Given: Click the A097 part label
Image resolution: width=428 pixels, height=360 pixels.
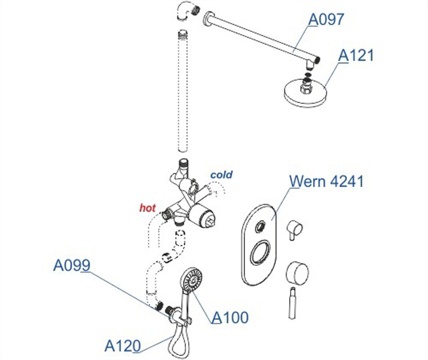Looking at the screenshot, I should click(x=326, y=19).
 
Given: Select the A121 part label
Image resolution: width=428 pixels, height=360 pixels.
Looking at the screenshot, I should click(x=356, y=55).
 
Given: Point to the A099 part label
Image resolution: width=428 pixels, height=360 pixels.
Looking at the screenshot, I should click(x=71, y=265).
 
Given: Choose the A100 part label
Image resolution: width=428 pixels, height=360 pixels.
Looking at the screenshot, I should click(x=230, y=318).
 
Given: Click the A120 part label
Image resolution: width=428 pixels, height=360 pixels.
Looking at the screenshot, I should click(x=122, y=346).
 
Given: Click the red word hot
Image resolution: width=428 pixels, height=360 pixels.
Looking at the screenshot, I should click(x=147, y=208).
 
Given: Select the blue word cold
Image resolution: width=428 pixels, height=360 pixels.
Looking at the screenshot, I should click(x=222, y=175).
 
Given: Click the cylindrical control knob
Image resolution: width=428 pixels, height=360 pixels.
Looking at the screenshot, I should click(x=297, y=273).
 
